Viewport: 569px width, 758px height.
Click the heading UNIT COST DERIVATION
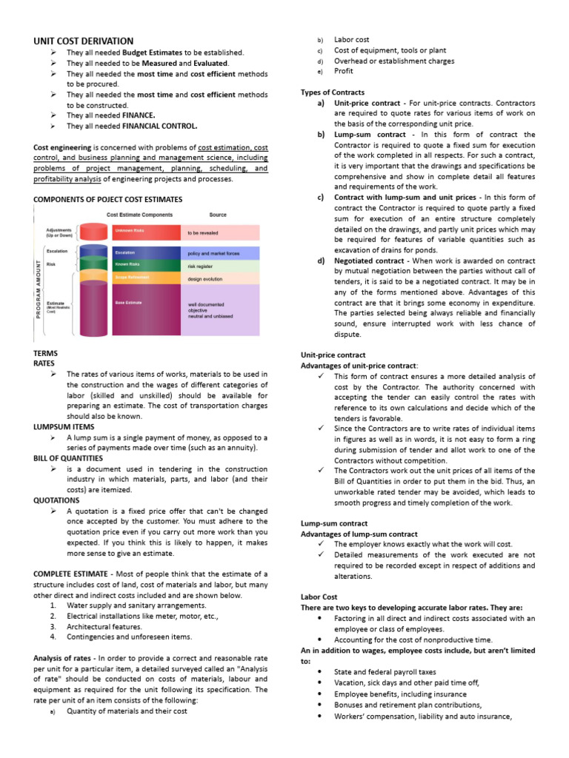[84, 41]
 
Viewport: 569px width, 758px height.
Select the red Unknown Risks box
[146, 232]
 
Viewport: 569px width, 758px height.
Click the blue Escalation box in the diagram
[146, 252]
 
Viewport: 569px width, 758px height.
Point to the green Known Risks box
[146, 264]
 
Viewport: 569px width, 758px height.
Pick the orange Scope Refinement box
[146, 278]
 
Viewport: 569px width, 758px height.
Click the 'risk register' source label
[201, 266]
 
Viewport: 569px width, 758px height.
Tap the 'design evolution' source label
[204, 279]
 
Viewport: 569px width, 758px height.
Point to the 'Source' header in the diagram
[218, 215]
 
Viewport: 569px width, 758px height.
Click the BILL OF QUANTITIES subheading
[68, 458]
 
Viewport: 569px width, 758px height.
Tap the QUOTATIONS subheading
[57, 500]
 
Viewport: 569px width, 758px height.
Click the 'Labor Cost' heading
[319, 596]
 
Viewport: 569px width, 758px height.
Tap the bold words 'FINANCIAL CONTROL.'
[164, 126]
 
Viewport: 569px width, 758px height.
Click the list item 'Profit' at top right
[344, 72]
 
